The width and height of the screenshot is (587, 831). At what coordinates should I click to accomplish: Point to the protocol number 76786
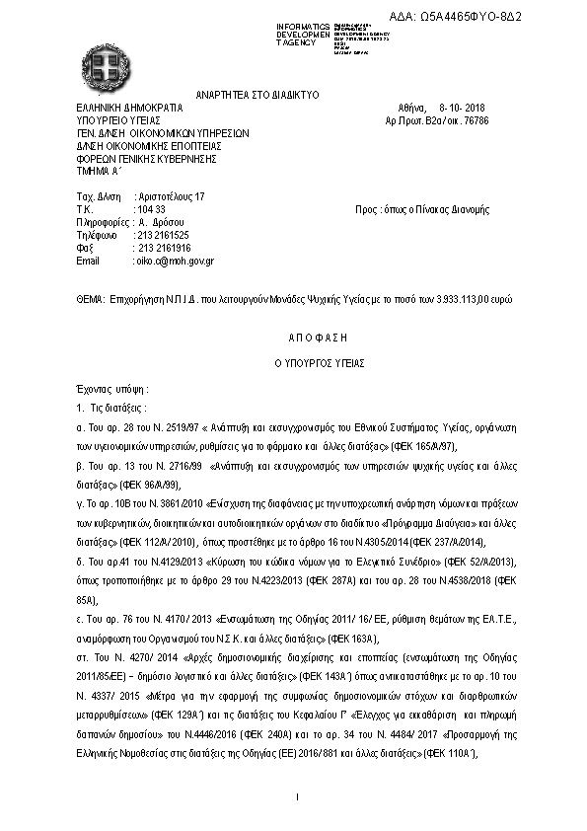477,120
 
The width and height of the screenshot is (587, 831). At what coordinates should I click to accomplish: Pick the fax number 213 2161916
161,248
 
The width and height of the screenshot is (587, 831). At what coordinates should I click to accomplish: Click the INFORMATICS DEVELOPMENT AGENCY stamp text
304,32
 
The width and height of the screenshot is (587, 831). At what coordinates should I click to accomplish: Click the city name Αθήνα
412,108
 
